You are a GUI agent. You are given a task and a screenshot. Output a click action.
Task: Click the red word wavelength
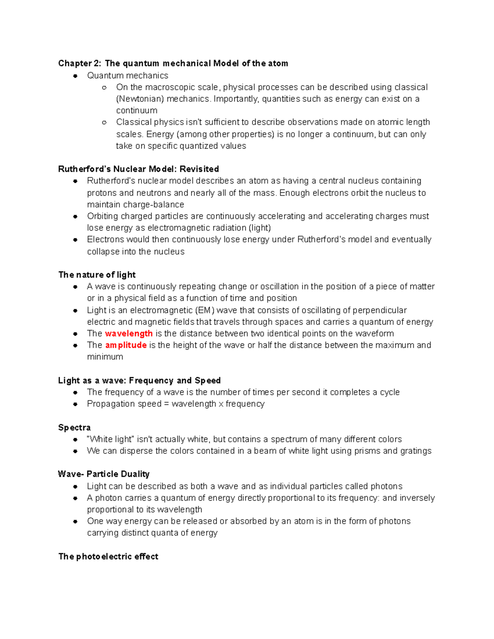coord(129,333)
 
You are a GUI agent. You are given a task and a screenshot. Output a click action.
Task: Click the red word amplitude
coord(126,345)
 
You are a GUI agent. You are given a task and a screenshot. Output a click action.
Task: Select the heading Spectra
coord(75,427)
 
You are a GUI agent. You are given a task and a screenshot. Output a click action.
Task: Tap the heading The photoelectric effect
coord(108,556)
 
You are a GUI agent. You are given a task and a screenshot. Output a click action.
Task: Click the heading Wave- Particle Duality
coord(104,474)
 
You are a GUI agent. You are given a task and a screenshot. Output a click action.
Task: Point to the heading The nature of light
coord(97,274)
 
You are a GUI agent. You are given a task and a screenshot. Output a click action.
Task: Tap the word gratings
coord(415,451)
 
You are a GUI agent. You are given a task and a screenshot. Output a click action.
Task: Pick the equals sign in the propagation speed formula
coord(166,404)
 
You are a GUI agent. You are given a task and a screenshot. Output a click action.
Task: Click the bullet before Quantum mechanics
coord(75,76)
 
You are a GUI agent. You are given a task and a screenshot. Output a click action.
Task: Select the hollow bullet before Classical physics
coord(104,122)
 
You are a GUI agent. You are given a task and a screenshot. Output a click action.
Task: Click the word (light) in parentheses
coord(260,228)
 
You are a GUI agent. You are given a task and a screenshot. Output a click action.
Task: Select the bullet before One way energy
coord(75,521)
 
